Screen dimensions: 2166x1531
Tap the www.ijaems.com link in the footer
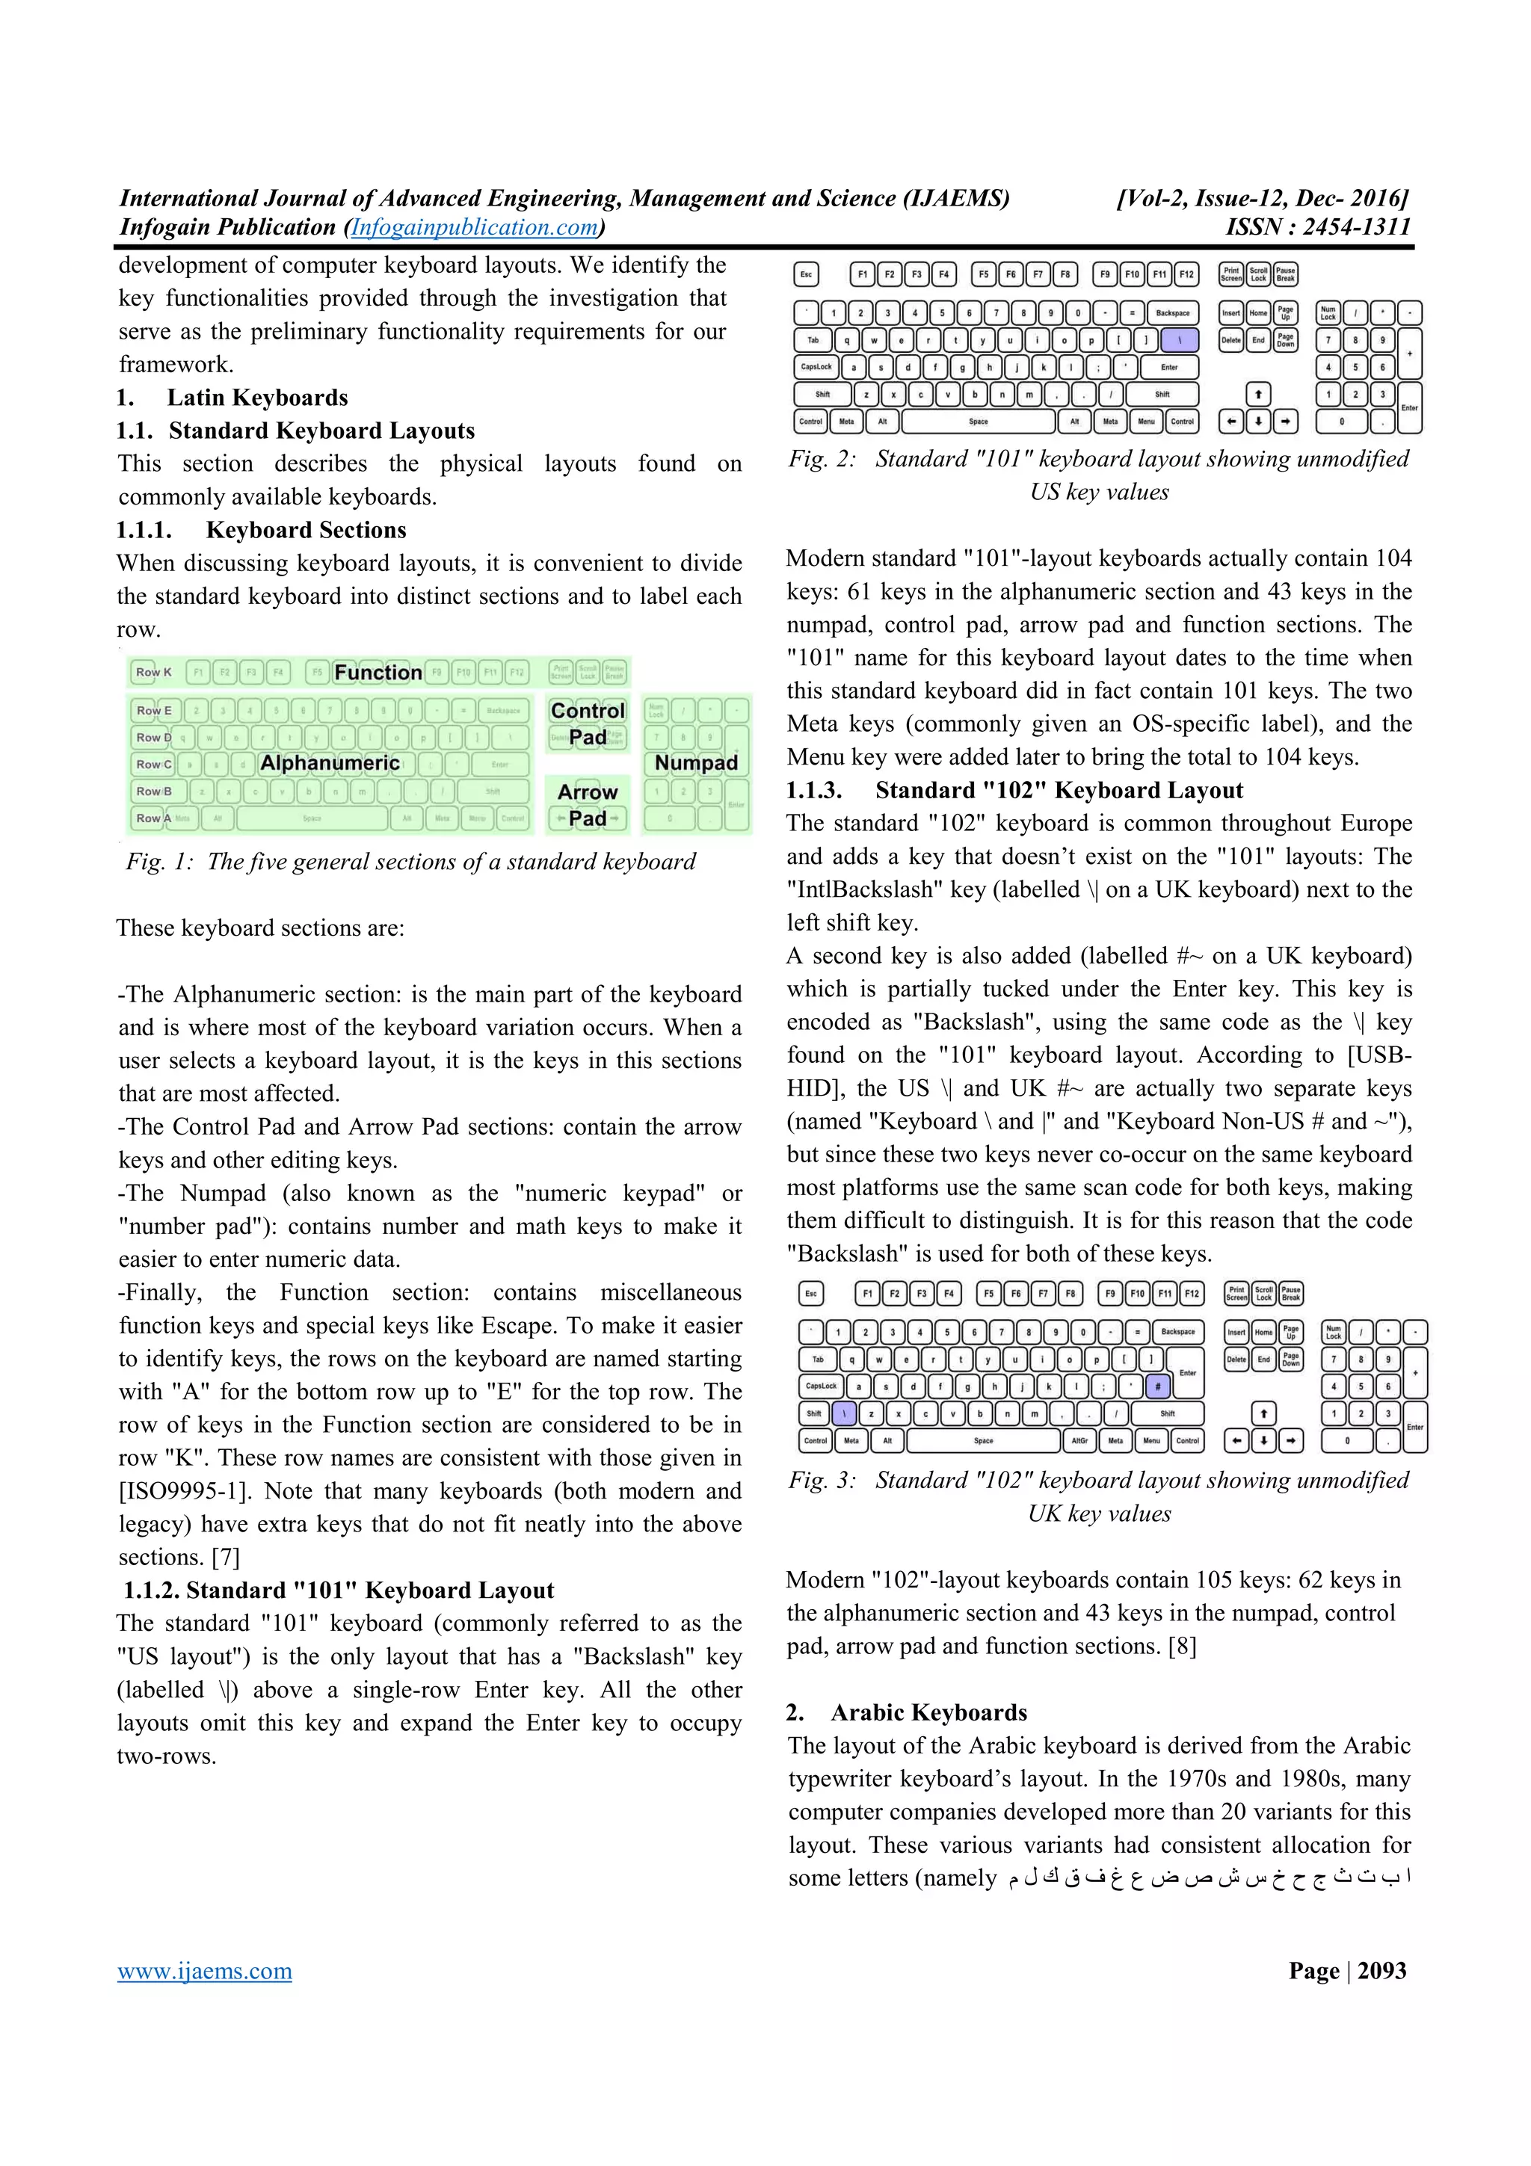205,1971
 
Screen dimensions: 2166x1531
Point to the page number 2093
1382,1971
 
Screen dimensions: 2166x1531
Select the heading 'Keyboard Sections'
306,530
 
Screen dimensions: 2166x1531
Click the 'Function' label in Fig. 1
378,673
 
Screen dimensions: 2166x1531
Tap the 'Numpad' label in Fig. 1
696,763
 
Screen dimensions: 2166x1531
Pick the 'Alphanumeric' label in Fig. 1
330,763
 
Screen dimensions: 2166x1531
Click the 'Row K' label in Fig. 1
154,673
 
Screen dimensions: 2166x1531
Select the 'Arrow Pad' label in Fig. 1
588,805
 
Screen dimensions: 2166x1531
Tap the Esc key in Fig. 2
807,274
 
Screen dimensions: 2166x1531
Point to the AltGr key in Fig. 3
1079,1440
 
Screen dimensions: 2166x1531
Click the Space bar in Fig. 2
979,422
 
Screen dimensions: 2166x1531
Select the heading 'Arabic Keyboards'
928,1712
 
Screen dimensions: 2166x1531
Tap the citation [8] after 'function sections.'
1182,1647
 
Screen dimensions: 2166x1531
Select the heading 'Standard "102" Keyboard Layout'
1059,791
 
